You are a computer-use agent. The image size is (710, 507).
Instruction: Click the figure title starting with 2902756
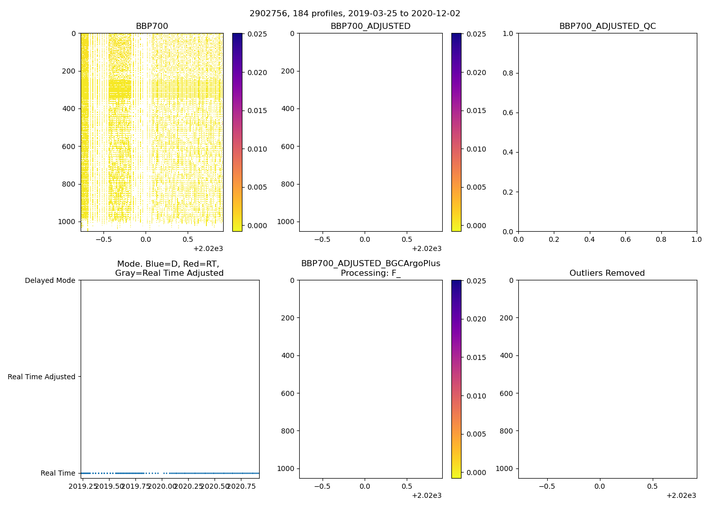pos(354,14)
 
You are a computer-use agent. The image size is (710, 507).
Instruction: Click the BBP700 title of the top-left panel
pos(152,26)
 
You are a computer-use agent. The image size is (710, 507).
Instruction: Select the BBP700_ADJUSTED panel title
pos(370,26)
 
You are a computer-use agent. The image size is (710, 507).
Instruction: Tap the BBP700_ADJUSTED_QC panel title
pos(607,26)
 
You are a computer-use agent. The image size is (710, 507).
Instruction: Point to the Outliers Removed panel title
pos(607,273)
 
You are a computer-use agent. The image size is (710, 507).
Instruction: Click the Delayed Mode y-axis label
pos(50,280)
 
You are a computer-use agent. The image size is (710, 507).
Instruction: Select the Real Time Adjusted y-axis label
pos(42,377)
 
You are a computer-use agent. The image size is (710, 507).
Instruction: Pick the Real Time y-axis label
pos(58,473)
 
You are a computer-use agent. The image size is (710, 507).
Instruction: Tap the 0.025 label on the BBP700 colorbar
pos(257,34)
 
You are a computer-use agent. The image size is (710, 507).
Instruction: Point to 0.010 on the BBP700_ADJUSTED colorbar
pos(476,149)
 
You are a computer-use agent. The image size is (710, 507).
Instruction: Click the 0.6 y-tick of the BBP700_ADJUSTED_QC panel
pos(508,113)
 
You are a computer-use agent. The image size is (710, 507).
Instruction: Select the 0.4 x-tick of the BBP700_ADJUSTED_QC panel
pos(589,239)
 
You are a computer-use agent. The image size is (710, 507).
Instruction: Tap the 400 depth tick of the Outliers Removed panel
pos(507,355)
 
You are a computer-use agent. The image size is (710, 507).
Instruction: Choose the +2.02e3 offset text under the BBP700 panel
pos(208,248)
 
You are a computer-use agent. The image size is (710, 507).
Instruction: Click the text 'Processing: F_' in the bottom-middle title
pos(370,273)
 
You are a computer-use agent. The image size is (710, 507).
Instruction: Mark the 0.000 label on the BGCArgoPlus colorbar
pos(476,473)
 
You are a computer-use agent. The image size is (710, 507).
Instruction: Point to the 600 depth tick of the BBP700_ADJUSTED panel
pos(288,147)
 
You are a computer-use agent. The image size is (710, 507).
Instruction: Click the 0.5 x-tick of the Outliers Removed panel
pos(652,486)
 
